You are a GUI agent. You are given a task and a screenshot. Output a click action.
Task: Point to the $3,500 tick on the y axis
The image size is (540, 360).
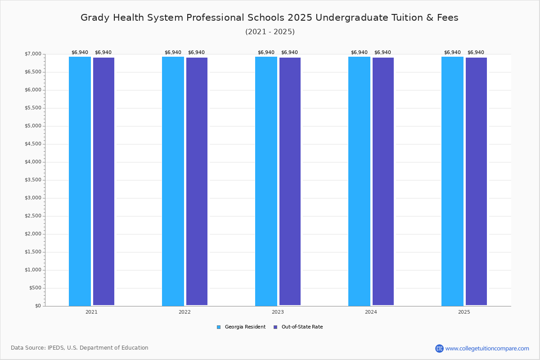click(33, 180)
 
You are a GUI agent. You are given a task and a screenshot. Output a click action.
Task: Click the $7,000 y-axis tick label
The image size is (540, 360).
click(33, 54)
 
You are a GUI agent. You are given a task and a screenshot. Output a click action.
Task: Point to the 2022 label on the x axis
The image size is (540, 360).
click(184, 312)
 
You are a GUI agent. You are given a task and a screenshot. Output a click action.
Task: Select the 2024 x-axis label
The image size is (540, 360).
click(371, 312)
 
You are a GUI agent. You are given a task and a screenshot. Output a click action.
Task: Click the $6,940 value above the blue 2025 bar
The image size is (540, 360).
click(452, 53)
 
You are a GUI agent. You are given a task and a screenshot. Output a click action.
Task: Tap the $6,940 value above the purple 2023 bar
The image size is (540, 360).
click(289, 53)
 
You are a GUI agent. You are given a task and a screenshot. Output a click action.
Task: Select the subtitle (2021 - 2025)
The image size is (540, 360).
click(270, 32)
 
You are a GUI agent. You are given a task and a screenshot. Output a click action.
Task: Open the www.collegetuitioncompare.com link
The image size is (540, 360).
click(487, 348)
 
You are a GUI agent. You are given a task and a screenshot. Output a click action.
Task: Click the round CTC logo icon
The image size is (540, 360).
click(439, 348)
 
